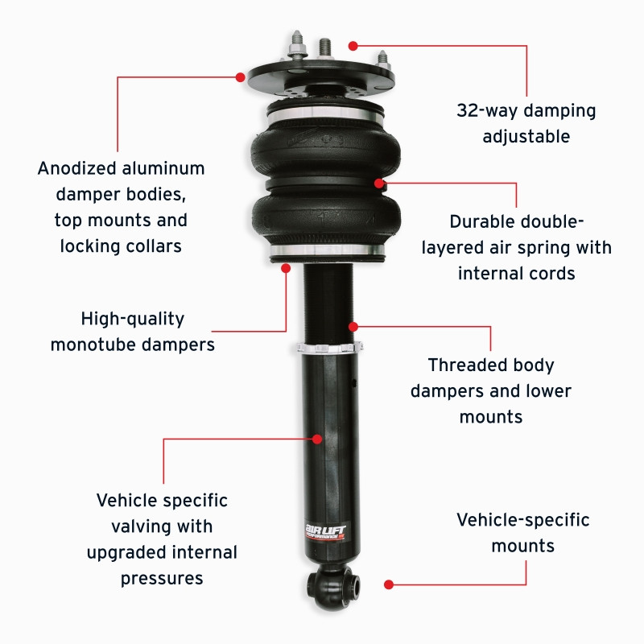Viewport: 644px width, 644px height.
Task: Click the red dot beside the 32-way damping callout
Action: tap(353, 46)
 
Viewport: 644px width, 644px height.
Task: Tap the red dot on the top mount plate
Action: tap(240, 77)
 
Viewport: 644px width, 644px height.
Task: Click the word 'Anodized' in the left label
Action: tap(79, 169)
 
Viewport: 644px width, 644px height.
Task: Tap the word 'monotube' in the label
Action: tap(87, 345)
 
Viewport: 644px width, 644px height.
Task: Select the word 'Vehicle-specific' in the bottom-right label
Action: tap(523, 520)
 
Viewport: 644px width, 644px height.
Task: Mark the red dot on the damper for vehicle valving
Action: tap(317, 439)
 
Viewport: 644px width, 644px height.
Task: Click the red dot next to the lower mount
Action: tap(389, 584)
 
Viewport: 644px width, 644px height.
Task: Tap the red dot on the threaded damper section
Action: tap(353, 327)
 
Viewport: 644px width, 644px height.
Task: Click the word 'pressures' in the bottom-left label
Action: tap(162, 578)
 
